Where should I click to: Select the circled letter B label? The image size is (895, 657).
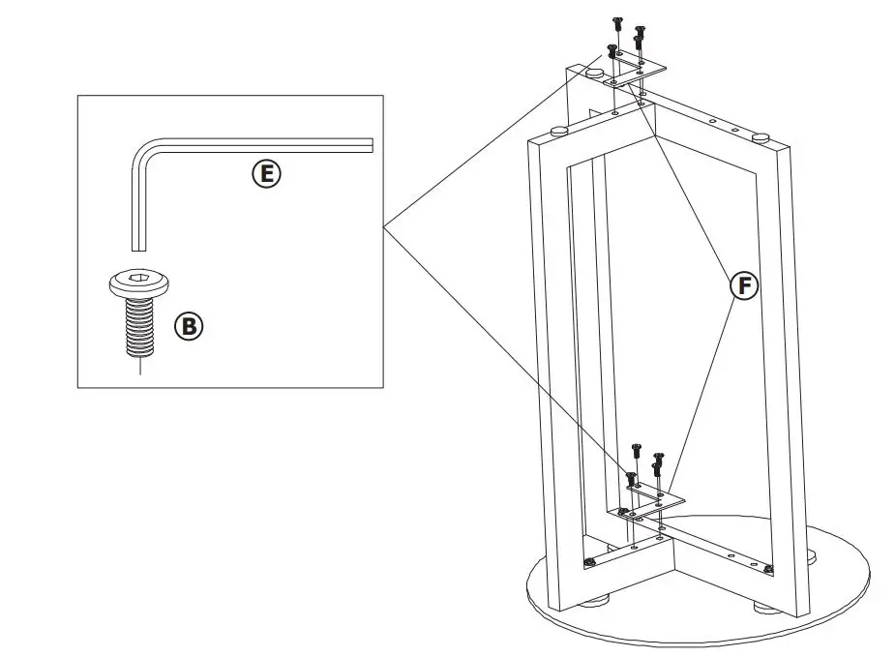point(189,326)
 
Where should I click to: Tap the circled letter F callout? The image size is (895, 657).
point(743,285)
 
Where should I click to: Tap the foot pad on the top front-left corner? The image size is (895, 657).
point(558,130)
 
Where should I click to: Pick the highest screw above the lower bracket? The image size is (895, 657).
point(636,449)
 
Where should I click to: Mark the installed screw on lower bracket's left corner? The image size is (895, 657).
point(614,512)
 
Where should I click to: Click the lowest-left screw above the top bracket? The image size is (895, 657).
point(612,49)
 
